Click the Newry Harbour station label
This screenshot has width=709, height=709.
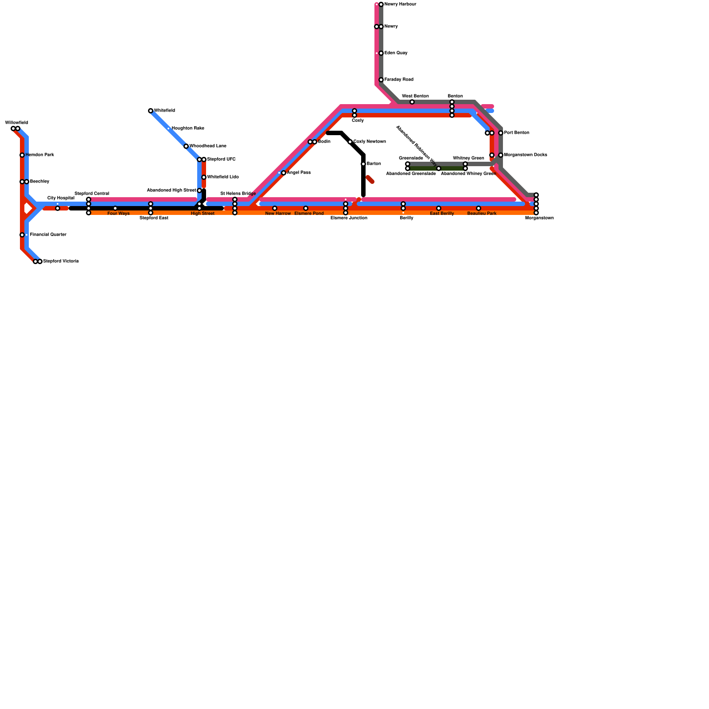pyautogui.click(x=400, y=4)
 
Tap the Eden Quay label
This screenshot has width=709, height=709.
pyautogui.click(x=396, y=53)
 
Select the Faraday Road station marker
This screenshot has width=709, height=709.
pyautogui.click(x=381, y=80)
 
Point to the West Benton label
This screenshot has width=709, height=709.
pyautogui.click(x=415, y=96)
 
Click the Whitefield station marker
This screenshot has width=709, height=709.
pyautogui.click(x=151, y=111)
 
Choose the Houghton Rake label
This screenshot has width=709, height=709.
pyautogui.click(x=188, y=129)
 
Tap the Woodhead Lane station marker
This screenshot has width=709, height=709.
pyautogui.click(x=186, y=146)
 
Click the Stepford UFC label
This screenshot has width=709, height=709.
pyautogui.click(x=221, y=160)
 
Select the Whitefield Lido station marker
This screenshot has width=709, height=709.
pyautogui.click(x=204, y=177)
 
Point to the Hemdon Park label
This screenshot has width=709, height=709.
pyautogui.click(x=39, y=155)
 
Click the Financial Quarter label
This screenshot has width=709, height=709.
pyautogui.click(x=48, y=235)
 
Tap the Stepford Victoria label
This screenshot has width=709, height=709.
pyautogui.click(x=61, y=261)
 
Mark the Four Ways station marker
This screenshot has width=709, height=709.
pyautogui.click(x=115, y=208)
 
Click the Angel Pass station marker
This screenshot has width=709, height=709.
pyautogui.click(x=284, y=173)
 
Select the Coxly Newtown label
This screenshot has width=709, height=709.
pyautogui.click(x=370, y=142)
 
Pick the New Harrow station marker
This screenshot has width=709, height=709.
pyautogui.click(x=275, y=208)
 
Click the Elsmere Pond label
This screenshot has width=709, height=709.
pyautogui.click(x=309, y=214)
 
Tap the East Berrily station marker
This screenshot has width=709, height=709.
pyautogui.click(x=439, y=208)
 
